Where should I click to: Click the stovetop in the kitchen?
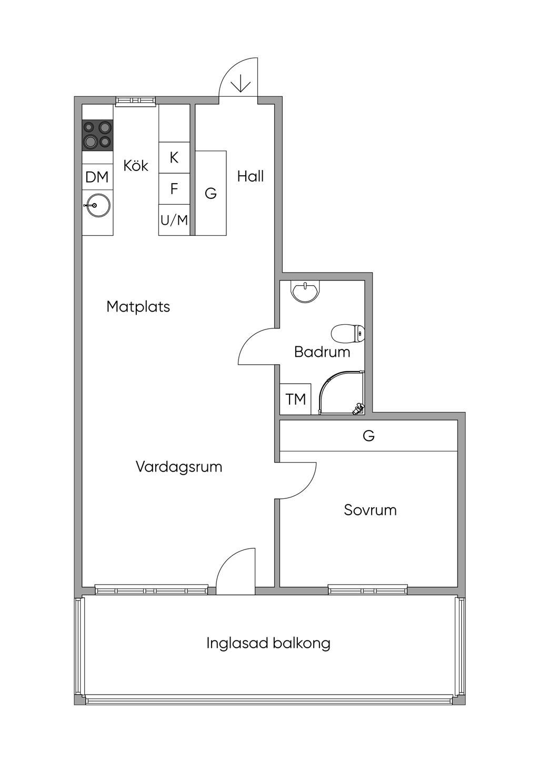pyautogui.click(x=97, y=134)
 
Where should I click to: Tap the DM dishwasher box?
pyautogui.click(x=97, y=177)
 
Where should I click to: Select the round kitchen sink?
pyautogui.click(x=98, y=205)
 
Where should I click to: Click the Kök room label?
pyautogui.click(x=136, y=166)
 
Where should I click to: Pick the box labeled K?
pyautogui.click(x=174, y=157)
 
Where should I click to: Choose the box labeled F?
pyautogui.click(x=174, y=188)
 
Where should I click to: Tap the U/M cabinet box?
pyautogui.click(x=174, y=220)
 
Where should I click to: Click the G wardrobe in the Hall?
pyautogui.click(x=211, y=193)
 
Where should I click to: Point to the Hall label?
pyautogui.click(x=250, y=176)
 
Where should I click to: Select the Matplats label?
pyautogui.click(x=138, y=306)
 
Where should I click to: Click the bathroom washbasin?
pyautogui.click(x=306, y=292)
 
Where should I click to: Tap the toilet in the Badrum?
pyautogui.click(x=348, y=333)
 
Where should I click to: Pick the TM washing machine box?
pyautogui.click(x=296, y=399)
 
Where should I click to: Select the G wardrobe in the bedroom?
pyautogui.click(x=368, y=436)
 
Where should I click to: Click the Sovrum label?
pyautogui.click(x=370, y=510)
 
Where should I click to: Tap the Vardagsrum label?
pyautogui.click(x=179, y=467)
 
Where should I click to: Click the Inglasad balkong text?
pyautogui.click(x=268, y=643)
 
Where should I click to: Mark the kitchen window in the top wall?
pyautogui.click(x=136, y=101)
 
